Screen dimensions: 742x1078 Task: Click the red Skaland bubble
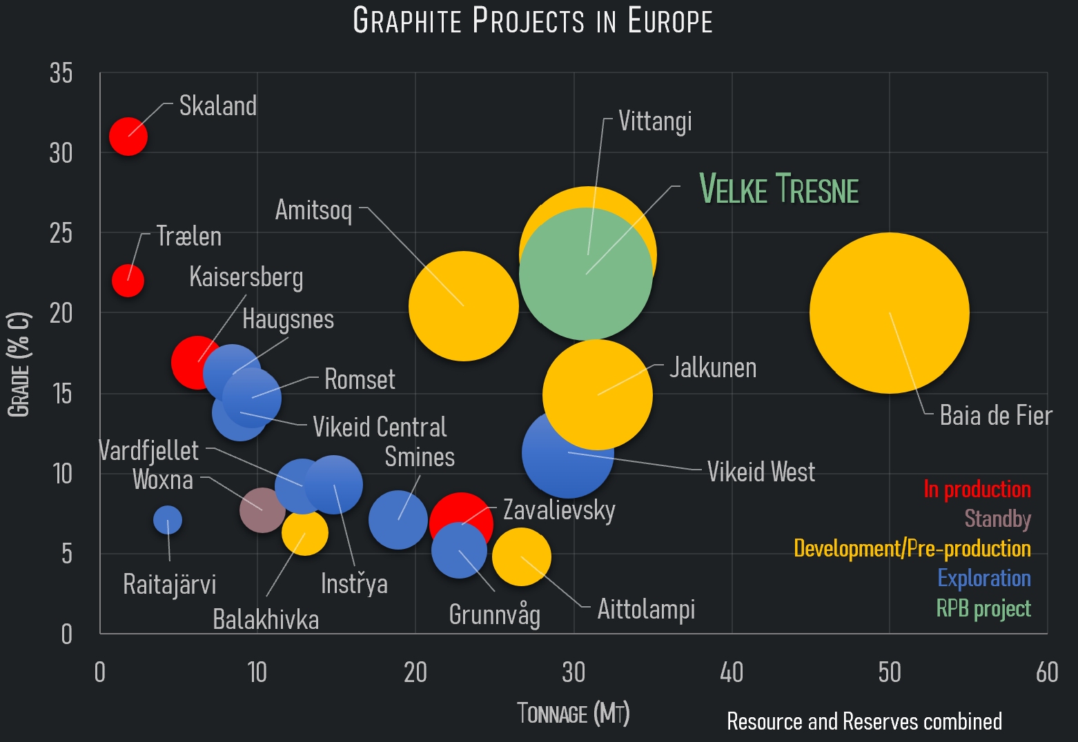pos(128,137)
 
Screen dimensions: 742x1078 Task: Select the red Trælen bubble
pos(128,281)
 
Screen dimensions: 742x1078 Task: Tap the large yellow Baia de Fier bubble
pos(889,313)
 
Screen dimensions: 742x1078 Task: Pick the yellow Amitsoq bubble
pos(463,306)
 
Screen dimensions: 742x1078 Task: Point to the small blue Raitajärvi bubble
pos(168,520)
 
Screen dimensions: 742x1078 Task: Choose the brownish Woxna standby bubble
pos(262,510)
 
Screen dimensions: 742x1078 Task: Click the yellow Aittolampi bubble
pos(522,557)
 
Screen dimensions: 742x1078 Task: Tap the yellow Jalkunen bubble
pos(598,394)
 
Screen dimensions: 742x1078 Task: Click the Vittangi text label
pos(655,121)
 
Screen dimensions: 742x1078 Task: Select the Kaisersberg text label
pos(246,277)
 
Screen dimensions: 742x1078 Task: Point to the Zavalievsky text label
pos(559,510)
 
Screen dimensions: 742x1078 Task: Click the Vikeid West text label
pos(761,472)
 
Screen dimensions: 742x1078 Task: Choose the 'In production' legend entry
pos(977,490)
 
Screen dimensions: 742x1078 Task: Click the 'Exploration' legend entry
pos(983,578)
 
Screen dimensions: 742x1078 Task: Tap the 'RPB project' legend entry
pos(983,608)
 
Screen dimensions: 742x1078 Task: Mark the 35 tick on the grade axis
pos(61,73)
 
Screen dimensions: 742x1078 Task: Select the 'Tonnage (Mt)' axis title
pos(574,714)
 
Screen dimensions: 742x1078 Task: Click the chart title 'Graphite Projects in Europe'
pos(532,21)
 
